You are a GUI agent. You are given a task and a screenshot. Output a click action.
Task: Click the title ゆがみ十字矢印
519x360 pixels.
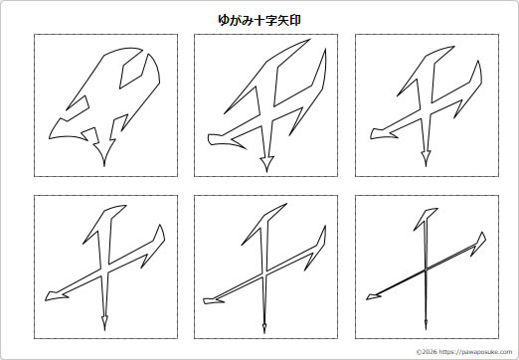(x=259, y=19)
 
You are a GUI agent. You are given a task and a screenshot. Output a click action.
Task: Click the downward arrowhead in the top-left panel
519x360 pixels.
(x=101, y=154)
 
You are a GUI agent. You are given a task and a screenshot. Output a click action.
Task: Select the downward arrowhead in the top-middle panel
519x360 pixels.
(x=265, y=161)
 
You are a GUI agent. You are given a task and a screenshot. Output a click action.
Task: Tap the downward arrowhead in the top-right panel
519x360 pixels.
(x=426, y=156)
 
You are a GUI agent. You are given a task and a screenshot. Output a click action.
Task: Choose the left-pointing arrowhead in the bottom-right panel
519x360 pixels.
(x=372, y=293)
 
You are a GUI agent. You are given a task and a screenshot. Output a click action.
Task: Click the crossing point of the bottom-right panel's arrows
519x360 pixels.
(x=426, y=270)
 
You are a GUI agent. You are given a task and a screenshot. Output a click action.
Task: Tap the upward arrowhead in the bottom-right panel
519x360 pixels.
(x=428, y=217)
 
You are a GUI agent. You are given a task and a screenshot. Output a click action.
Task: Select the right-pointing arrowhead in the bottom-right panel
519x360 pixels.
(x=481, y=240)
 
